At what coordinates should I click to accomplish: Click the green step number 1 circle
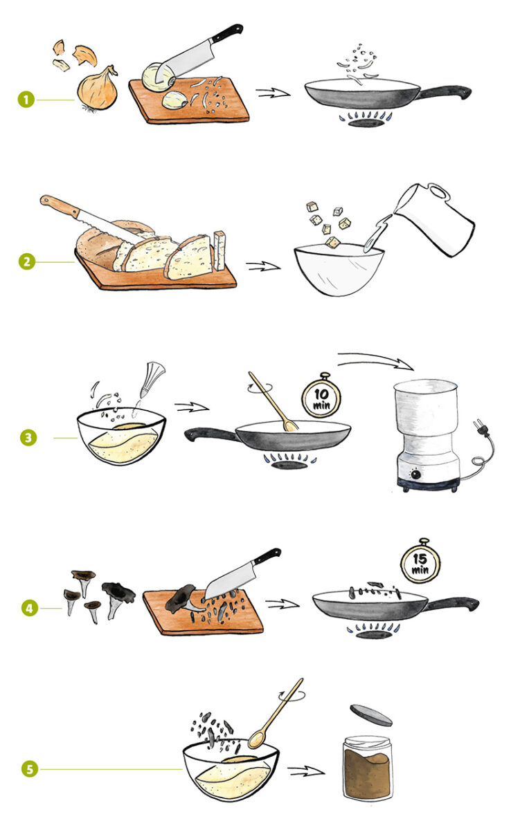point(26,100)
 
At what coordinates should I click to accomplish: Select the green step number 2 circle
point(27,261)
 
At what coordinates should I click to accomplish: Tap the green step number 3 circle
point(28,438)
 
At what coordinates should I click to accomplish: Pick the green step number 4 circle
point(30,608)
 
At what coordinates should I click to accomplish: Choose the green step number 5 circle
point(30,769)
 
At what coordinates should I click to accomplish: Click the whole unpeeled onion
point(98,89)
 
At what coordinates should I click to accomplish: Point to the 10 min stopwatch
point(321,396)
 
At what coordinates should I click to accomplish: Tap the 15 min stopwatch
point(420,562)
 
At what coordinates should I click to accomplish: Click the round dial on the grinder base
point(416,474)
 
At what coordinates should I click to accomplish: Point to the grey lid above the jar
point(371,715)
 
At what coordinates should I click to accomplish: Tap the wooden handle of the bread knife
point(60,206)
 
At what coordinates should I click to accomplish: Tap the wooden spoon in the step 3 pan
point(274,402)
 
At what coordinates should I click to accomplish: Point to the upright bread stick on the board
point(219,250)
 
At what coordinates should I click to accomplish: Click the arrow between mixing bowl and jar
point(306,771)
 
